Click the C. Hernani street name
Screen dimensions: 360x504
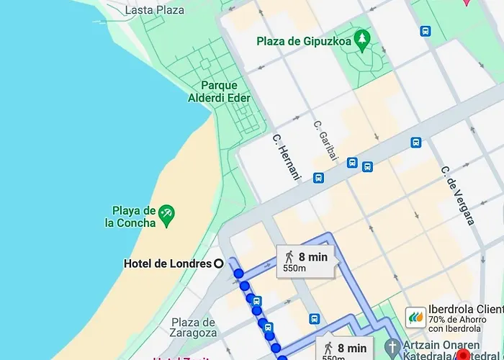[286, 155]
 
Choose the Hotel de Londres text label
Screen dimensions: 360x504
[167, 264]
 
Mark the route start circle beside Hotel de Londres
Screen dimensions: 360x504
[219, 264]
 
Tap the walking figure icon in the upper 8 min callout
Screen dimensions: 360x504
[289, 257]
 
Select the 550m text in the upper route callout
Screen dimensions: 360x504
[294, 269]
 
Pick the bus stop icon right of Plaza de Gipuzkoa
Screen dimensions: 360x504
[426, 32]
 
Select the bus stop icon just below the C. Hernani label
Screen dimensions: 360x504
[318, 177]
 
